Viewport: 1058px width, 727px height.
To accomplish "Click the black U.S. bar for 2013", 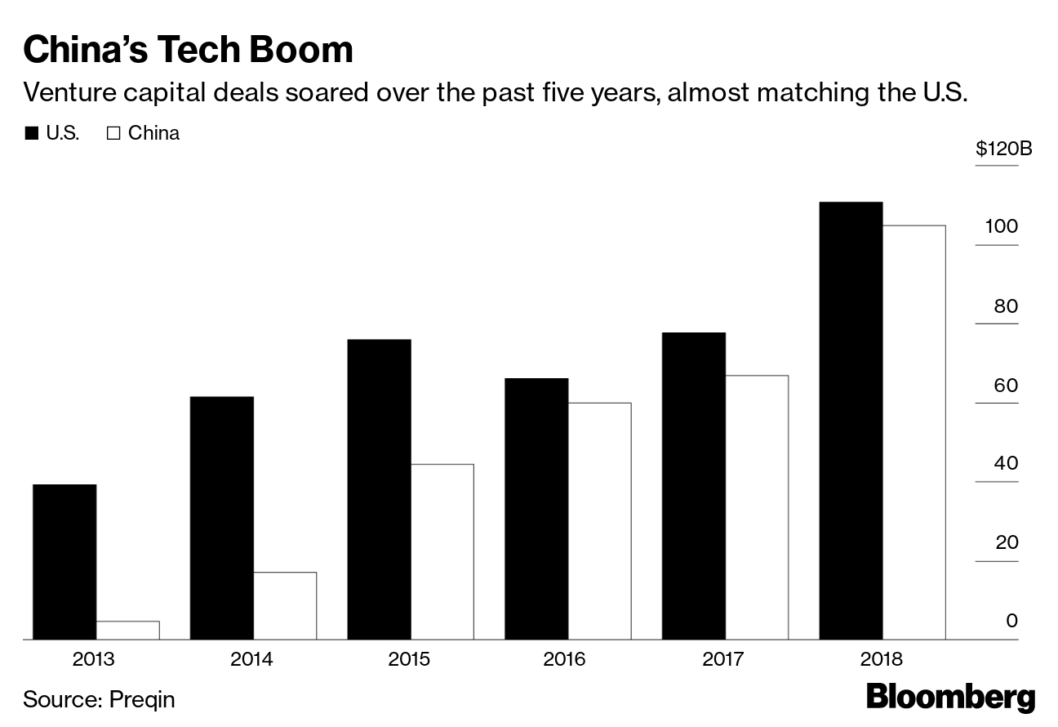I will pyautogui.click(x=64, y=562).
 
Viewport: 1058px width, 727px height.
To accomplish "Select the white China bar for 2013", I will pyautogui.click(x=127, y=630).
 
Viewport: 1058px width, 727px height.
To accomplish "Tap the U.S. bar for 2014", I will pyautogui.click(x=221, y=518).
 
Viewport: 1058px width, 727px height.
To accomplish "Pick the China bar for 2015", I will pyautogui.click(x=442, y=551).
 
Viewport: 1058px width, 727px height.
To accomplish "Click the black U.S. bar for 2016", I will pyautogui.click(x=536, y=509).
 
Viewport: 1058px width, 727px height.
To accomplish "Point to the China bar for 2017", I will pyautogui.click(x=757, y=507).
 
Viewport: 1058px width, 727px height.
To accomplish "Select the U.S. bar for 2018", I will pyautogui.click(x=851, y=421).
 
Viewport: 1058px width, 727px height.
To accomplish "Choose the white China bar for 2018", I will pyautogui.click(x=914, y=432).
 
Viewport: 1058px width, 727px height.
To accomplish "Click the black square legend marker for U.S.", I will pyautogui.click(x=32, y=134).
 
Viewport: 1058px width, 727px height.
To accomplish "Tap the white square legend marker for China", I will pyautogui.click(x=113, y=134).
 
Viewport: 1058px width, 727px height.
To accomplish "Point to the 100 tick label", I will pyautogui.click(x=1002, y=226).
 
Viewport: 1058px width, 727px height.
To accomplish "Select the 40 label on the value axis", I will pyautogui.click(x=1006, y=463).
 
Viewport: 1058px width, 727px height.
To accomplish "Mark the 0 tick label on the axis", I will pyautogui.click(x=1011, y=621).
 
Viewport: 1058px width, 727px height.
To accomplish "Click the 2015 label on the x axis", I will pyautogui.click(x=409, y=659).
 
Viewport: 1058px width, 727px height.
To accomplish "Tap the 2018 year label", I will pyautogui.click(x=882, y=659).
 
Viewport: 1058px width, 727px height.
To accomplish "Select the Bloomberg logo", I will pyautogui.click(x=950, y=698).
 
